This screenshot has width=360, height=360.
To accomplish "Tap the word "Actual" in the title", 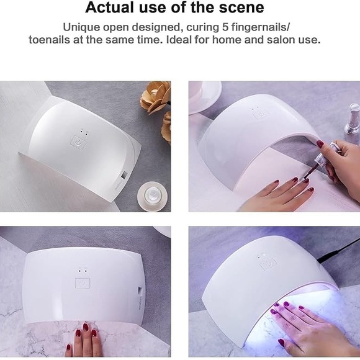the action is (110, 7).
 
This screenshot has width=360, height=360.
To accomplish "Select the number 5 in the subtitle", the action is (225, 27).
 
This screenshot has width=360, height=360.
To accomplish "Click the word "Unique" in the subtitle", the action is (81, 27).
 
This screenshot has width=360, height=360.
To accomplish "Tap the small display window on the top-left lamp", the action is (125, 174).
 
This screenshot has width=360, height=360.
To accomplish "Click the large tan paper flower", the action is (156, 97).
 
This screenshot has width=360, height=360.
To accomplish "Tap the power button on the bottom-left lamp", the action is (83, 283).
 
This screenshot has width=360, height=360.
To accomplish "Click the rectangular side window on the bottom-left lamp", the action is (140, 290).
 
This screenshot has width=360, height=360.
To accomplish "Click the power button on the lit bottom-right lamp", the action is (268, 264).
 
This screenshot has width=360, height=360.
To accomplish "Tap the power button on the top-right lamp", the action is (261, 114).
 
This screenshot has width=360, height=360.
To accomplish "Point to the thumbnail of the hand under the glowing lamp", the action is (281, 343).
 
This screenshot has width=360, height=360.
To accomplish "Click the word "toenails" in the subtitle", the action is (50, 40).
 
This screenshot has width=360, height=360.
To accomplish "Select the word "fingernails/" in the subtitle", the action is (260, 27).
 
